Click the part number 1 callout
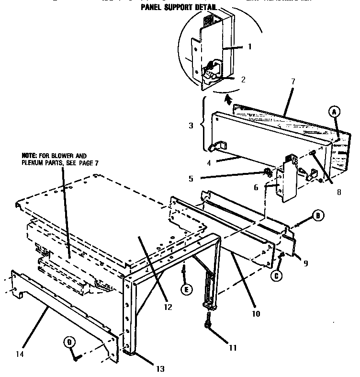pos(249,47)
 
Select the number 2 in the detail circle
pos(243,80)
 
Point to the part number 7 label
pos(293,81)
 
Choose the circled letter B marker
pos(317,216)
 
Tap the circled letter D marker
pos(69,342)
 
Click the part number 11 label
pos(232,348)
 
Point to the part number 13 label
pos(160,368)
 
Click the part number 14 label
pos(19,355)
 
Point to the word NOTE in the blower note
pos(28,156)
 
